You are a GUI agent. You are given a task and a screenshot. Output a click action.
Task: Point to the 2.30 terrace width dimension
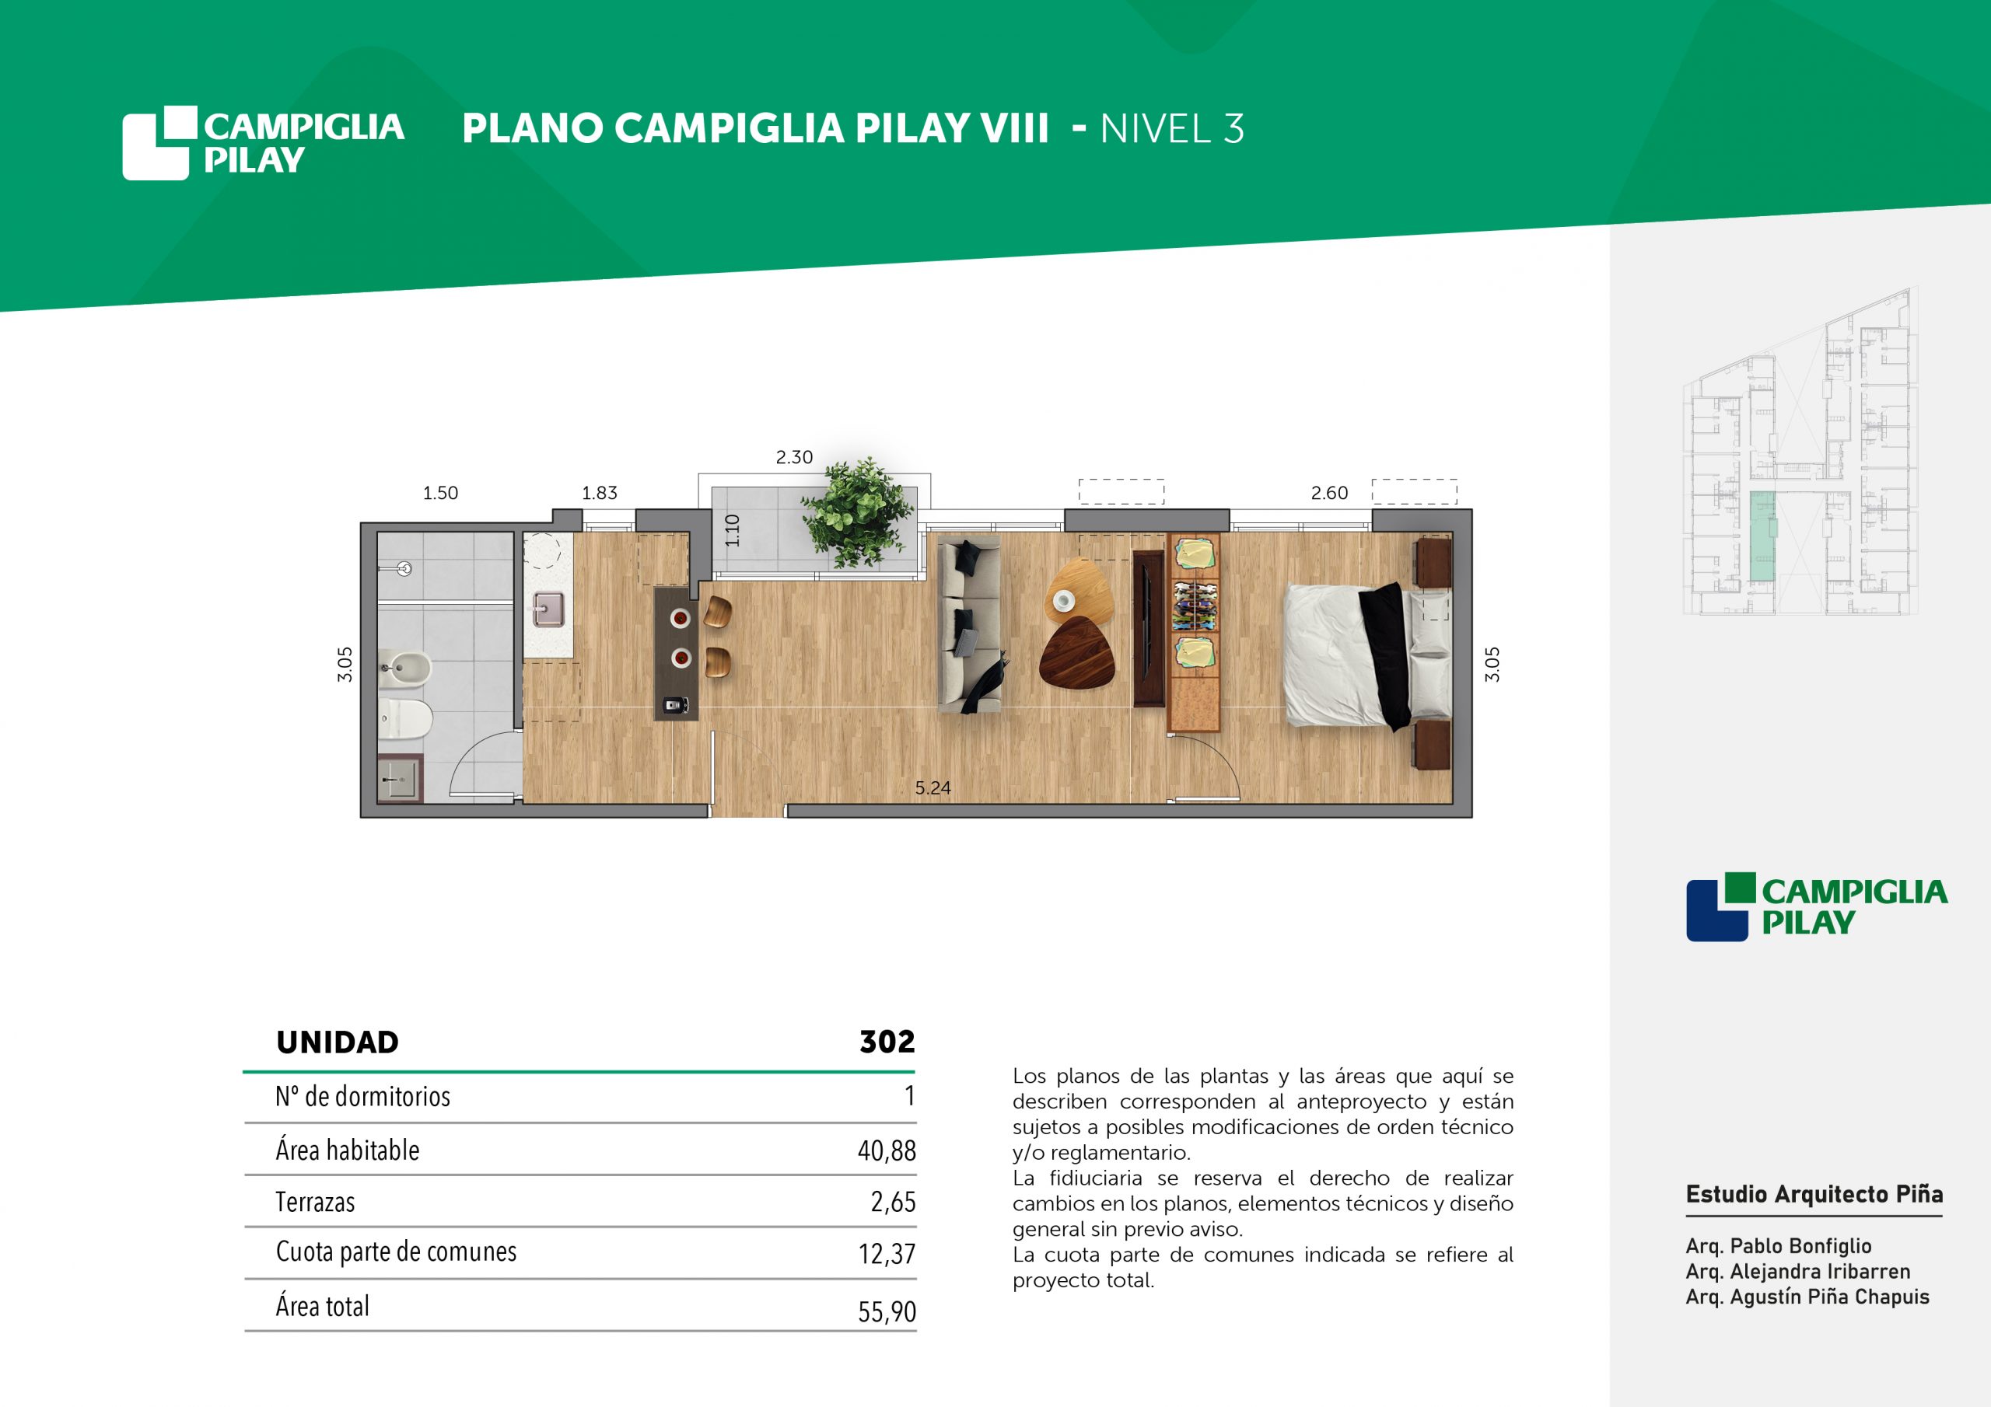coord(793,457)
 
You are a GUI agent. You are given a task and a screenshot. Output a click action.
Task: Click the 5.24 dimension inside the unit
coord(933,788)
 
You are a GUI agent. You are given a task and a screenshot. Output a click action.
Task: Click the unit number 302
coord(887,1041)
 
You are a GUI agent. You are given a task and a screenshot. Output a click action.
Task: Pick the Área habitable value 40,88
coord(887,1150)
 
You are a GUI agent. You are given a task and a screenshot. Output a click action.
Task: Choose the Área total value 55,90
coord(887,1311)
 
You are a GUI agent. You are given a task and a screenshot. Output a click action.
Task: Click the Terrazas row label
coord(315,1202)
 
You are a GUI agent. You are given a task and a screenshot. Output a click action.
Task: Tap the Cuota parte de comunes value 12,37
coord(887,1254)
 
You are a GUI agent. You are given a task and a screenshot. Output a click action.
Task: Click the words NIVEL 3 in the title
coord(1171,129)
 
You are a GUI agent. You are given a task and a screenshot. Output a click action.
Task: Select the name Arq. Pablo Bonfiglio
coord(1779,1246)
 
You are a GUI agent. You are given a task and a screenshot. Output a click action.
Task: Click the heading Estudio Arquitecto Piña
coord(1814,1194)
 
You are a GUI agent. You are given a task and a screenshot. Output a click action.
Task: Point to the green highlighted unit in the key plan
coord(1762,536)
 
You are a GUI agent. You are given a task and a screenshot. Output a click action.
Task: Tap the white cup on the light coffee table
coord(1063,599)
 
